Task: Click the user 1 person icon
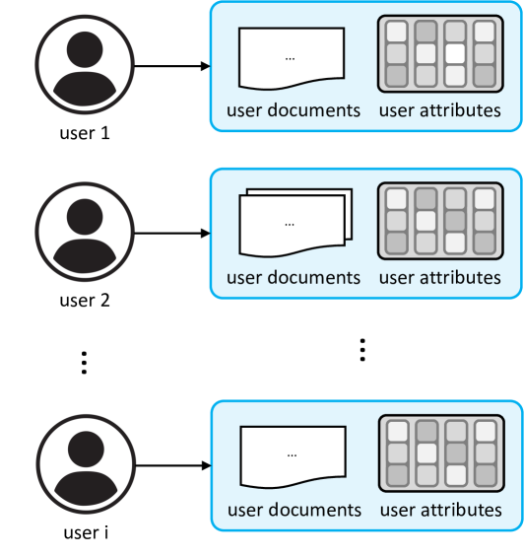point(85,65)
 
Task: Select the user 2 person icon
point(85,232)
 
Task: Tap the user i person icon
point(86,464)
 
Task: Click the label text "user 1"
point(85,133)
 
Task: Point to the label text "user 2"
point(85,301)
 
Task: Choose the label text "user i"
point(86,532)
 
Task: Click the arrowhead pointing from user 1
point(206,66)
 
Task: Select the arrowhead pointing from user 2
point(206,234)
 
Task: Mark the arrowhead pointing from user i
point(207,465)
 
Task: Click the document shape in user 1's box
point(292,58)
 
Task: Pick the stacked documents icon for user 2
point(295,223)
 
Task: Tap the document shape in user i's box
point(293,456)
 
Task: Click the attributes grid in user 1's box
point(440,53)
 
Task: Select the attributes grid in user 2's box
point(440,221)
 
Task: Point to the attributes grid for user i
point(441,453)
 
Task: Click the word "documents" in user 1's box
point(314,110)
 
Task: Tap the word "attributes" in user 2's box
point(460,277)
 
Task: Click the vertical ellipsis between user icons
point(84,363)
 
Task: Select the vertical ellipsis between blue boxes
point(362,350)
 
